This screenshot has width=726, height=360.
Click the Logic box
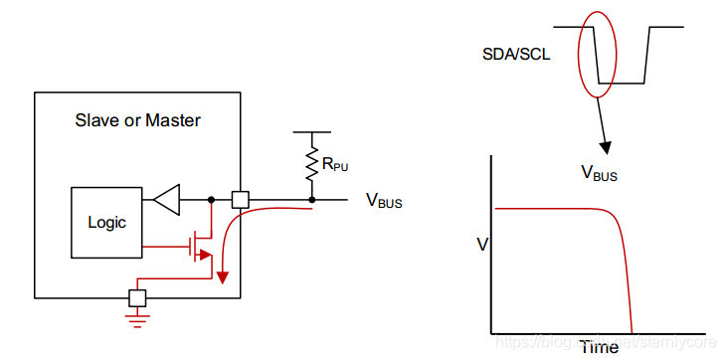105,222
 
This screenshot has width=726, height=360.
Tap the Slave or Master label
138,121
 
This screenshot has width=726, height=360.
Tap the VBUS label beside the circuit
384,202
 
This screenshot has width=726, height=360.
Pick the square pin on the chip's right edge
240,199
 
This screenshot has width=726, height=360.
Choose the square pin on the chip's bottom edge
137,296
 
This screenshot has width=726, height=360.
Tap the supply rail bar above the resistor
313,131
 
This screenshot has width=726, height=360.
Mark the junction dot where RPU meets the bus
313,199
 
